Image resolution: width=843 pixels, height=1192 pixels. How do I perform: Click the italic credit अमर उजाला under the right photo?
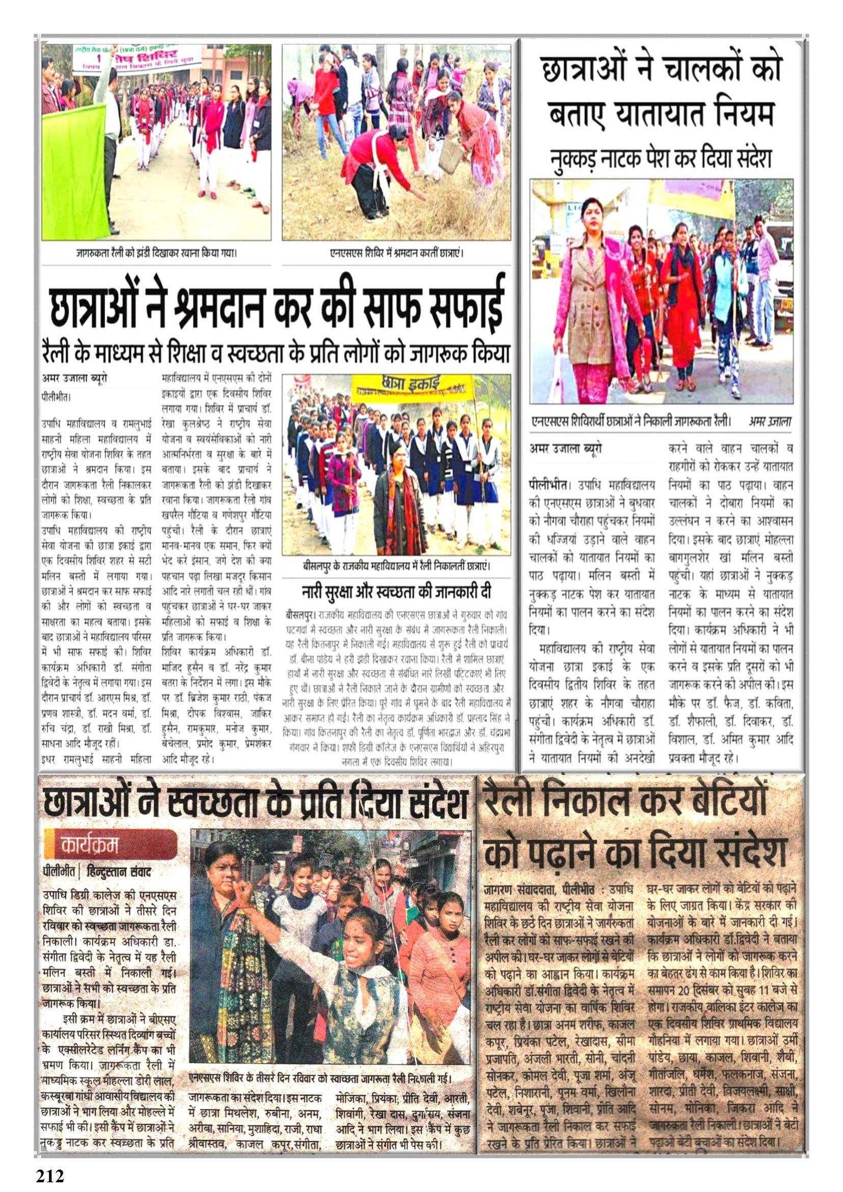pos(769,421)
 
